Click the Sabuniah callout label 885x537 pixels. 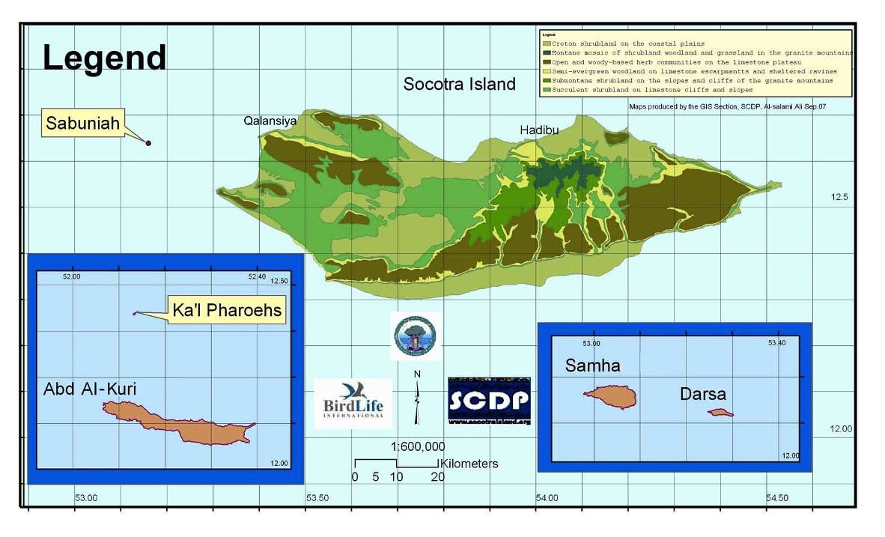click(82, 124)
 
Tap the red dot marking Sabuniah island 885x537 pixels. click(148, 142)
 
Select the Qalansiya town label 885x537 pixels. click(270, 121)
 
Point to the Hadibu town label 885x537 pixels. click(539, 130)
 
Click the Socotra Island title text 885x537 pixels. click(459, 84)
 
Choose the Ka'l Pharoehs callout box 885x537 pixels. click(227, 309)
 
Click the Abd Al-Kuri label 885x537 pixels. click(90, 389)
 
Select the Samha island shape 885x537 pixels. click(610, 397)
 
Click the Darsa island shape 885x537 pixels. click(720, 412)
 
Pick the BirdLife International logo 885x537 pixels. click(353, 403)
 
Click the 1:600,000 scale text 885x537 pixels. click(417, 447)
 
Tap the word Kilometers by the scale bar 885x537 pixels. click(469, 464)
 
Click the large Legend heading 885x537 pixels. click(104, 58)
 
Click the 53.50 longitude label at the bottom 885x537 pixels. click(317, 497)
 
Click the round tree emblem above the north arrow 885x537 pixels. click(416, 336)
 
